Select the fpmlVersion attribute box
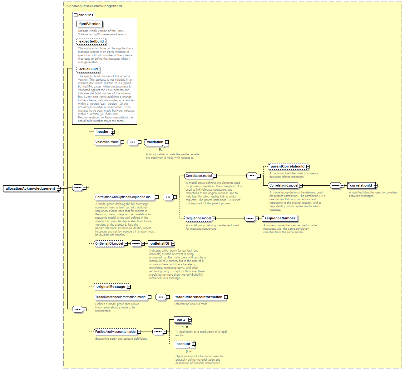click(90, 24)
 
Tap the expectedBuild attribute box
click(91, 42)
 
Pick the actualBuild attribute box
click(88, 69)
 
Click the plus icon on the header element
click(113, 132)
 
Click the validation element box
click(156, 142)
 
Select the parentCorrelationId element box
click(289, 166)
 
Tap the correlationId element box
click(362, 185)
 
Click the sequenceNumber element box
click(280, 218)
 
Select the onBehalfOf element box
click(161, 243)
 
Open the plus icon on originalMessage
click(129, 287)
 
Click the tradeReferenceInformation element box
click(200, 297)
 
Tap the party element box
click(182, 319)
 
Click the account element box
click(185, 344)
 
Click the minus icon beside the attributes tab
click(76, 15)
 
